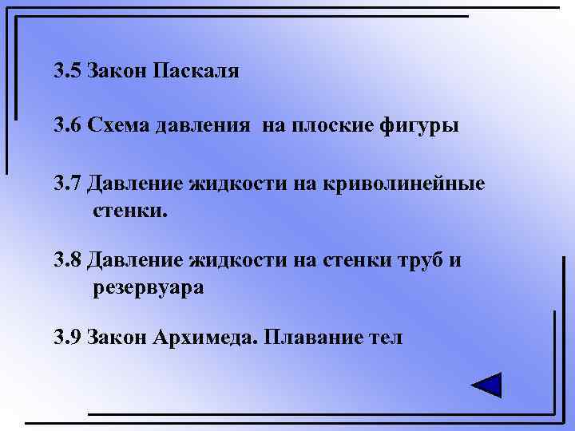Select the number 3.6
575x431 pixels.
pos(68,126)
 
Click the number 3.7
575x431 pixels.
pos(68,184)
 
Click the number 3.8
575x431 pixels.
pos(68,261)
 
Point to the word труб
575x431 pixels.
pos(413,262)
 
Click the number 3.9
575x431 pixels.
pos(68,338)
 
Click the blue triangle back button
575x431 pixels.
pos(486,385)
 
